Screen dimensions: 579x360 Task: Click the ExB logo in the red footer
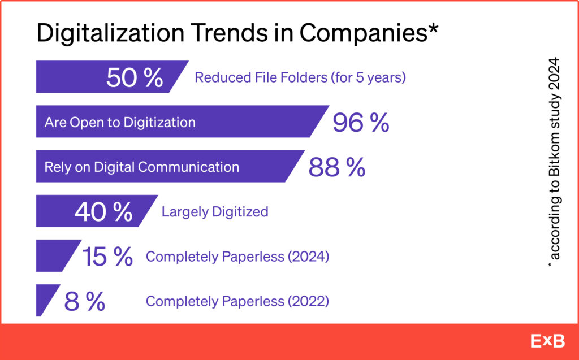coord(547,341)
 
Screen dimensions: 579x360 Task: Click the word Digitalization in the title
coord(110,33)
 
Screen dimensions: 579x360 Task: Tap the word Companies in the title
coord(363,34)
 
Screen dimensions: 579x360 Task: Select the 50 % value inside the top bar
coord(135,77)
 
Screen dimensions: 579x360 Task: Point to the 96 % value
coord(361,123)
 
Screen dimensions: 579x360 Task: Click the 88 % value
coord(337,167)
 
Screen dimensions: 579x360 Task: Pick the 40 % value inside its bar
coord(104,212)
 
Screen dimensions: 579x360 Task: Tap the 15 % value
coord(107,257)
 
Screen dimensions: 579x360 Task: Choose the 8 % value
coord(85,301)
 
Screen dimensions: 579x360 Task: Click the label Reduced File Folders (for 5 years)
coord(300,77)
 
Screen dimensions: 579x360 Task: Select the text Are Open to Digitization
coord(120,122)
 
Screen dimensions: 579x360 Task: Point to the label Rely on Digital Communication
coord(142,167)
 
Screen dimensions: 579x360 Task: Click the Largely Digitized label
coord(215,212)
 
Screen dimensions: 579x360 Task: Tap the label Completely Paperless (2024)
coord(237,257)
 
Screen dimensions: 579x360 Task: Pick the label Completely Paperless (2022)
coord(237,301)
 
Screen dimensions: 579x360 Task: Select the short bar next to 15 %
coord(55,255)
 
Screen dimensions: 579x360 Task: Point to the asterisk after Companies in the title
coord(433,28)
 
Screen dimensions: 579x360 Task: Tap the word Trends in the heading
coord(231,33)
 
